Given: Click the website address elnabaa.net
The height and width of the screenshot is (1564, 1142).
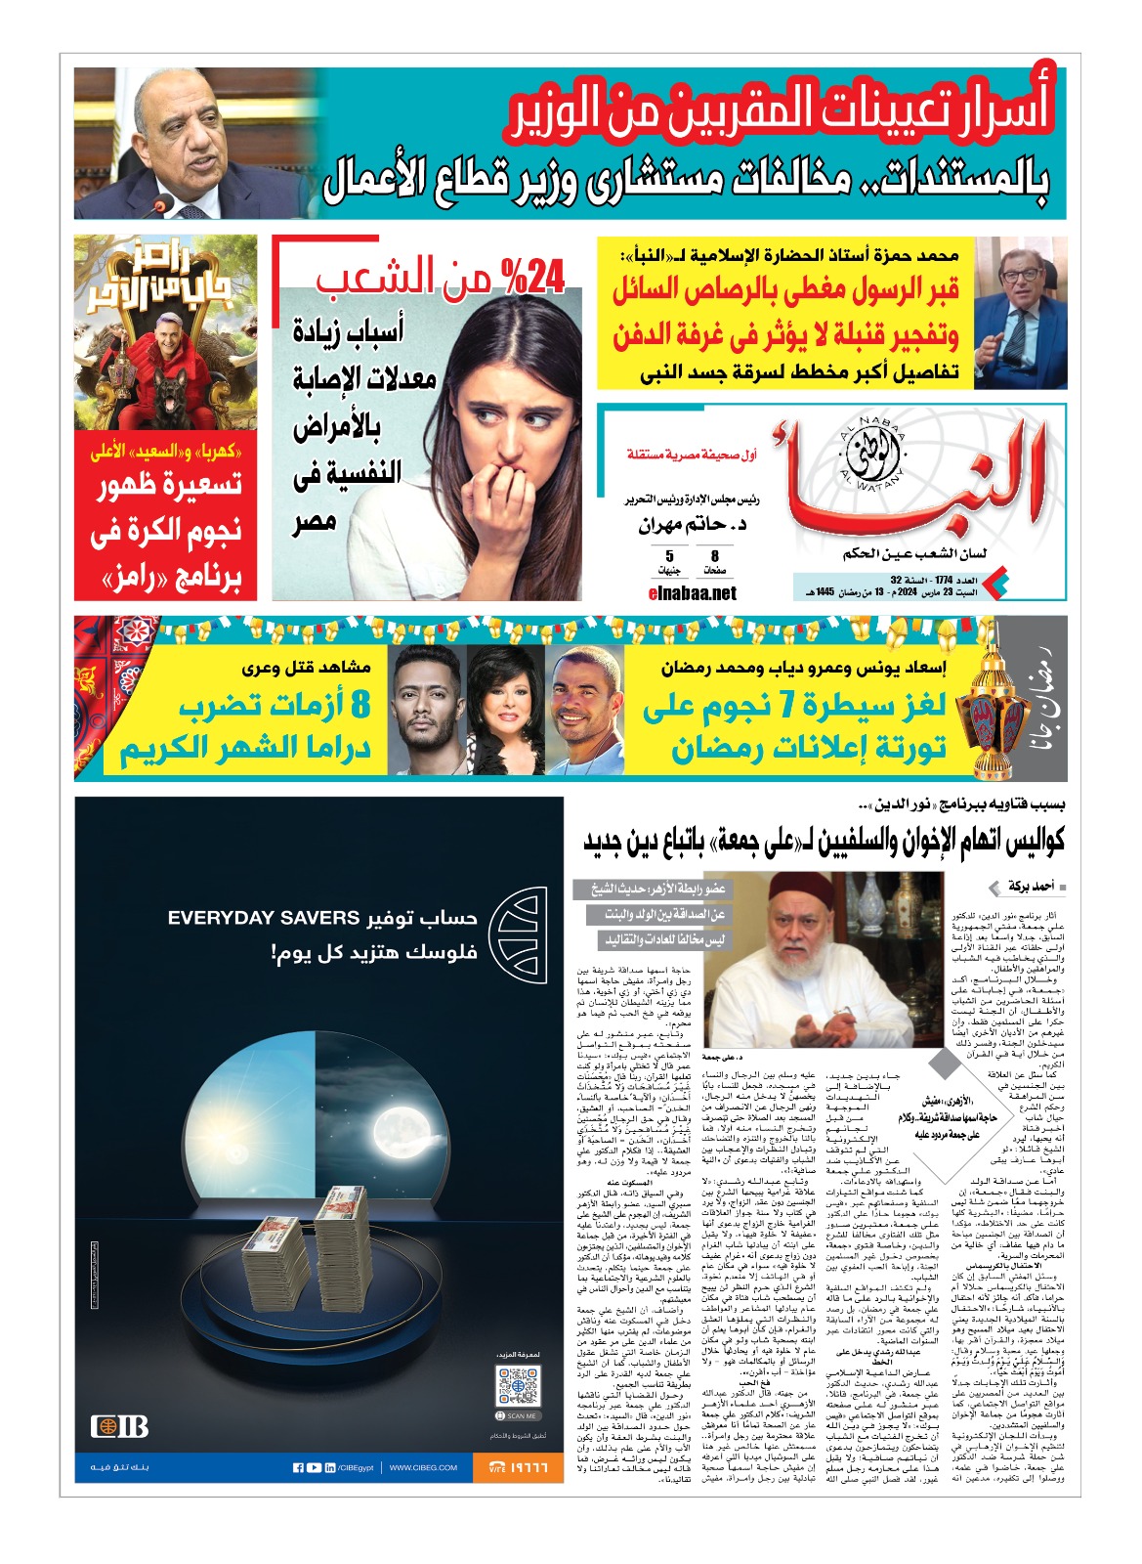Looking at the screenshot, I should [693, 592].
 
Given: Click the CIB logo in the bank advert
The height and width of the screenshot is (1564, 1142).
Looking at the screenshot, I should [119, 1426].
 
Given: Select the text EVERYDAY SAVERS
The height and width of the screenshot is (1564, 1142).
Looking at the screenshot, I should [264, 918].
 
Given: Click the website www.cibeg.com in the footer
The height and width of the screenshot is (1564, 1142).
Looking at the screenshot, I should [423, 1467].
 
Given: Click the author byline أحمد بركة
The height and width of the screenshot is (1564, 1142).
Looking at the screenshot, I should [1031, 887].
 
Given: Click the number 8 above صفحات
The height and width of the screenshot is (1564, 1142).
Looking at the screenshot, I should [715, 555].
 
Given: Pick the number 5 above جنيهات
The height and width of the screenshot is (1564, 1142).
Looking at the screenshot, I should [670, 555].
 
